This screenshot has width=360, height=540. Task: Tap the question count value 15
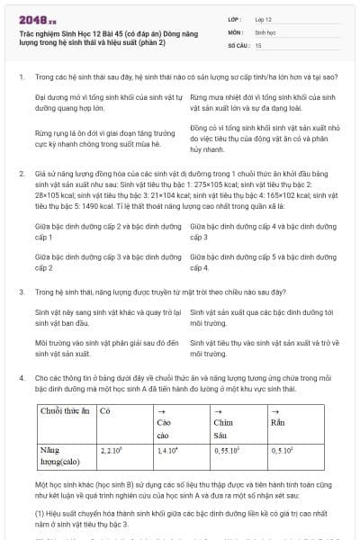[258, 44]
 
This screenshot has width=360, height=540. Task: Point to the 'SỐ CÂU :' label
[238, 44]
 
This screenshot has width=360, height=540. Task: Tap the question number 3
[22, 292]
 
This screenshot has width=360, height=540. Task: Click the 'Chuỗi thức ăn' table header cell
[65, 410]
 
